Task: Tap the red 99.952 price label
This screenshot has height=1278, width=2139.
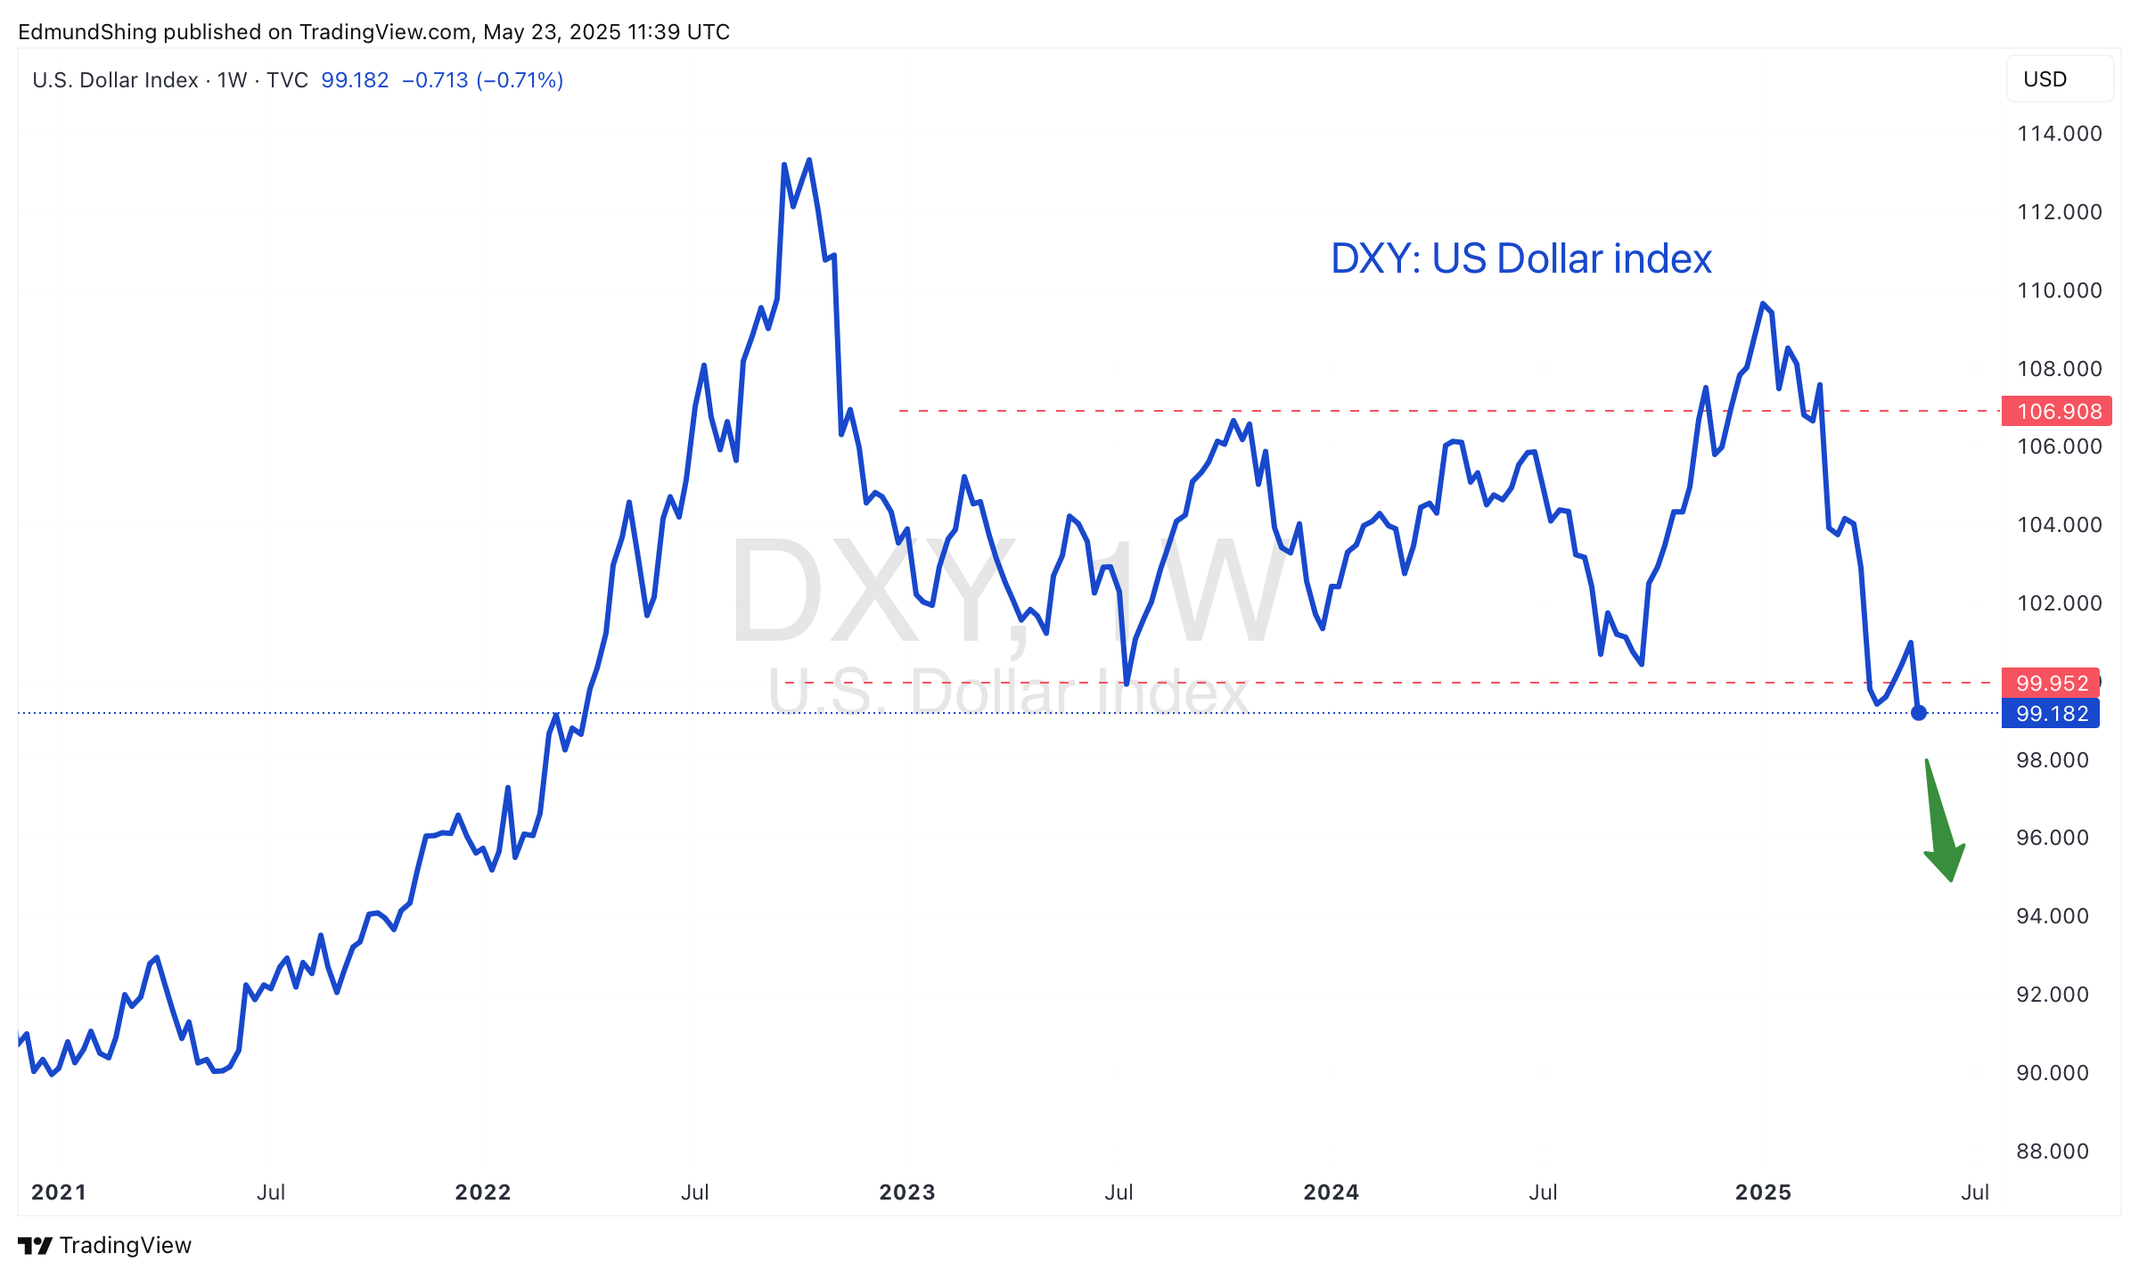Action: coord(2051,683)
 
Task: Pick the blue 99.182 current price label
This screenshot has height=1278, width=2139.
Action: coord(2051,713)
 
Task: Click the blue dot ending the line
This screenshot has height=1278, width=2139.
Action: coord(1919,713)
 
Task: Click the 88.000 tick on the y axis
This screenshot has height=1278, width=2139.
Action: coord(2053,1151)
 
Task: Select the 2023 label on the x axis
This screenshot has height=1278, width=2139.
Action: coord(907,1192)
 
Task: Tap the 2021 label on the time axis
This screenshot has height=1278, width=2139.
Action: coord(59,1192)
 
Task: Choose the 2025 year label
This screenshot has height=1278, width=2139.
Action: coord(1763,1192)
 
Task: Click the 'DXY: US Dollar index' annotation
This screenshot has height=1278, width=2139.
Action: coord(1521,258)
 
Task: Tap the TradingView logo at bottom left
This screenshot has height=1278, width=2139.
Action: coord(104,1245)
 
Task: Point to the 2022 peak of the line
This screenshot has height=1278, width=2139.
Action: coord(809,160)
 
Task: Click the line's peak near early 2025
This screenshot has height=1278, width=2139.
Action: coord(1763,303)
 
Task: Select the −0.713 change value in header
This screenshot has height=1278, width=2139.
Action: coord(435,80)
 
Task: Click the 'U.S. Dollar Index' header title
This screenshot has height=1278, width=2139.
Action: coord(115,80)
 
